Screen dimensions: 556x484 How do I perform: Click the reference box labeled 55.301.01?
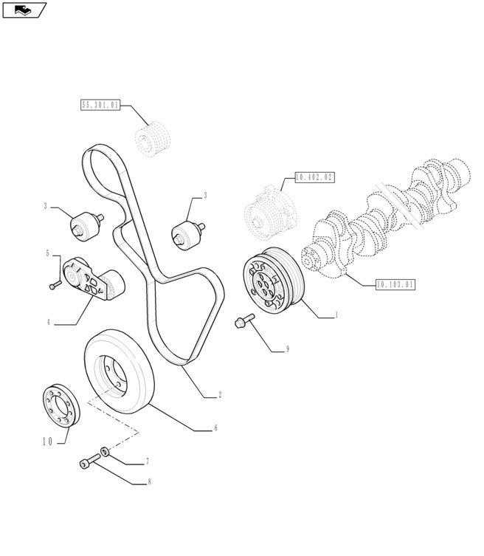click(x=100, y=106)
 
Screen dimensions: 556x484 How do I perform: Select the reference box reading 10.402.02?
click(x=314, y=177)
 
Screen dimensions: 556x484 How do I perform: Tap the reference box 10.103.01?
click(x=395, y=284)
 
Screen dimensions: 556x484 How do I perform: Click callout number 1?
click(x=336, y=315)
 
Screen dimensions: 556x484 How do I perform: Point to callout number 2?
click(x=220, y=396)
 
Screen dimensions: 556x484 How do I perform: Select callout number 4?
click(x=49, y=322)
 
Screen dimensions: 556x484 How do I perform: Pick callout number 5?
click(x=48, y=253)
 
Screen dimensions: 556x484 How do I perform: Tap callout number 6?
click(x=215, y=428)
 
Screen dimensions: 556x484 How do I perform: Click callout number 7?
click(x=147, y=461)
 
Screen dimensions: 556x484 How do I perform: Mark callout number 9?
click(x=287, y=349)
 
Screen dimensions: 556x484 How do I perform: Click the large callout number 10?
click(x=47, y=442)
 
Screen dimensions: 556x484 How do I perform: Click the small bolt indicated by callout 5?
click(x=54, y=286)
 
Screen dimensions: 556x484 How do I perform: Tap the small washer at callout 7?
click(x=106, y=450)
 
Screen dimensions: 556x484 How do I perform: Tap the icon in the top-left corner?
click(x=24, y=10)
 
